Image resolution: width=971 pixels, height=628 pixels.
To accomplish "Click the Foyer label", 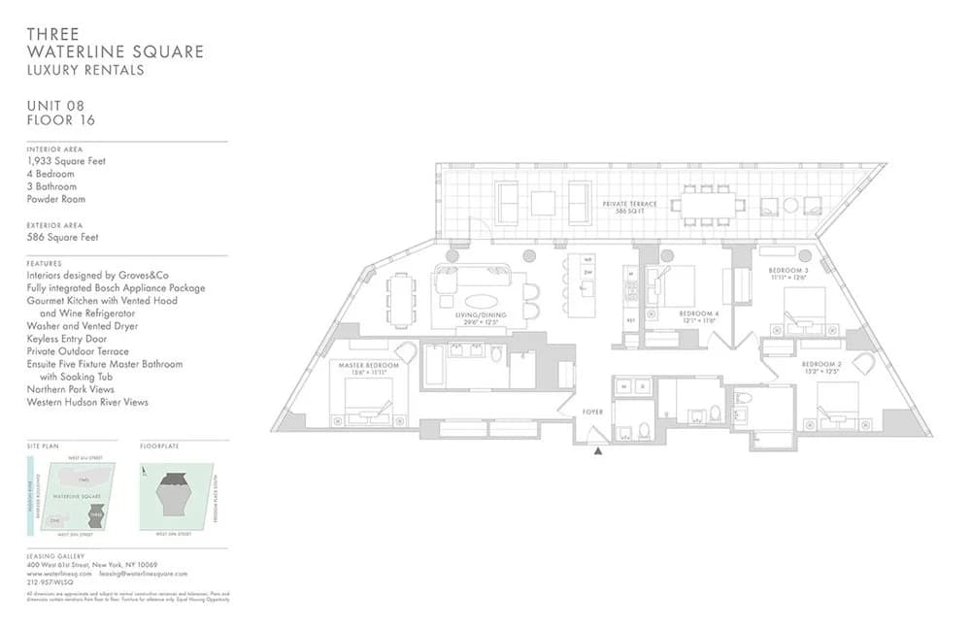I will (x=593, y=413).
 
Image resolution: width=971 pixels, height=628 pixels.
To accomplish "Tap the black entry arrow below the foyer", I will (x=597, y=450).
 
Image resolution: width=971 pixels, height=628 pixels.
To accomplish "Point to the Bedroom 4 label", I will (x=699, y=314).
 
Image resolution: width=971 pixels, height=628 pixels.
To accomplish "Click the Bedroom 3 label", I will (x=788, y=272).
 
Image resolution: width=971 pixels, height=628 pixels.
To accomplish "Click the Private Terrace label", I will (x=630, y=204).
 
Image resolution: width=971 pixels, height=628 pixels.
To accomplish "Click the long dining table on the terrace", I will (x=708, y=205).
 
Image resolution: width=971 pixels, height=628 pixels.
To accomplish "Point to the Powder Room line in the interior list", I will (x=56, y=199).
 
